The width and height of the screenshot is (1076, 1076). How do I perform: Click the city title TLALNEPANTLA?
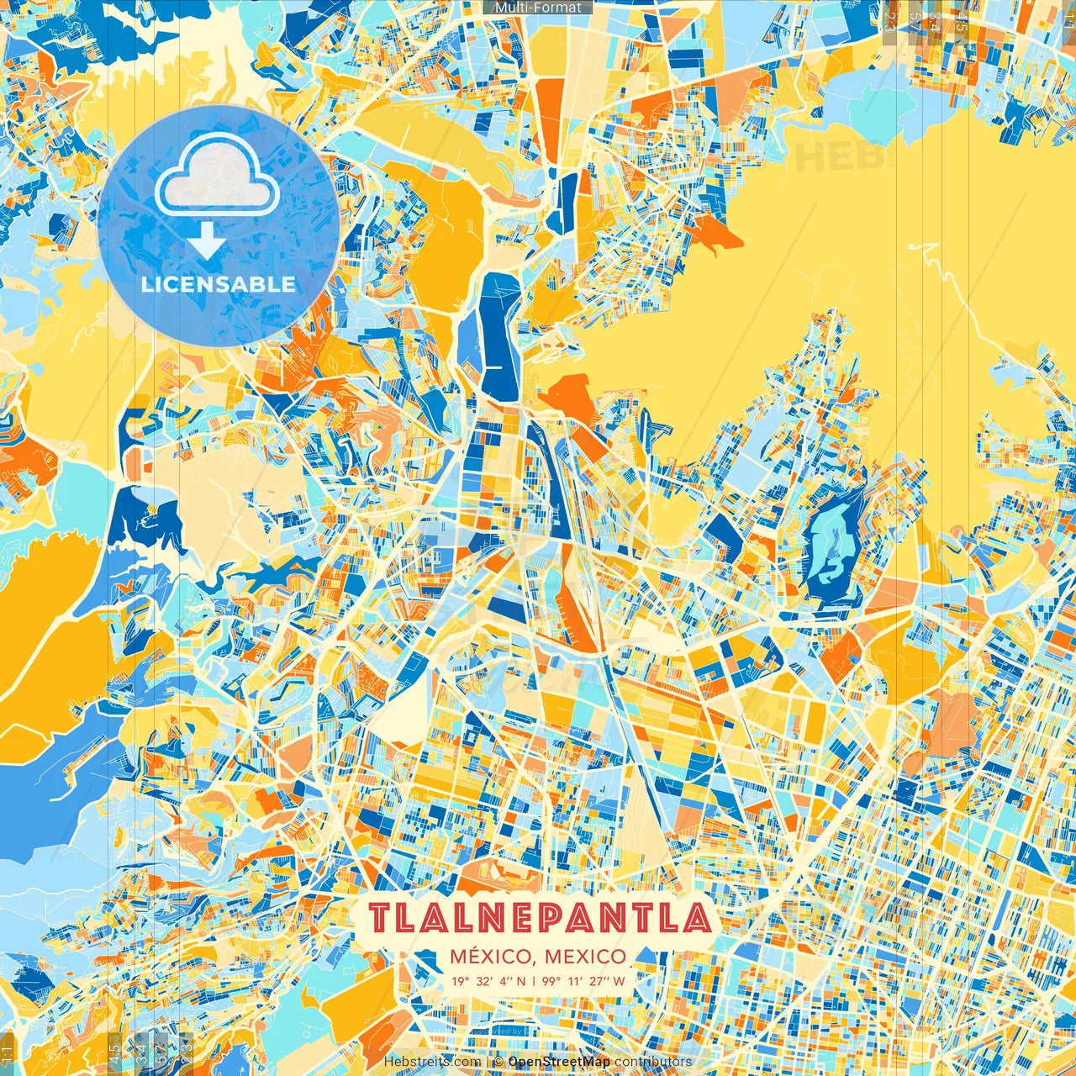(x=540, y=918)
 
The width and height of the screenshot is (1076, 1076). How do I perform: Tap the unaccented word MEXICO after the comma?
(x=585, y=957)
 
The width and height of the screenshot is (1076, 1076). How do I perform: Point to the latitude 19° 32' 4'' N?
(x=488, y=981)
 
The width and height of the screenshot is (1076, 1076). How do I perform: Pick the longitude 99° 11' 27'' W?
(x=583, y=981)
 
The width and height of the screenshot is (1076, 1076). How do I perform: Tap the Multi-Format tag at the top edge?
(x=538, y=8)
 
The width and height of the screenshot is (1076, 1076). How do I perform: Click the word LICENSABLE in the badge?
(x=219, y=284)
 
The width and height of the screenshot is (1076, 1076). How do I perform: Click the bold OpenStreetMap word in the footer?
(x=559, y=1062)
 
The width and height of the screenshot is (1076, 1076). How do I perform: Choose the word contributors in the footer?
(x=653, y=1062)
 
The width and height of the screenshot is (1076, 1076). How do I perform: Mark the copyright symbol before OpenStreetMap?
(x=498, y=1062)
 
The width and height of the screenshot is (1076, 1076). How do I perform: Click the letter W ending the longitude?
(x=619, y=981)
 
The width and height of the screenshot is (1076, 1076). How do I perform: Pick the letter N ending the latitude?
(x=520, y=981)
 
